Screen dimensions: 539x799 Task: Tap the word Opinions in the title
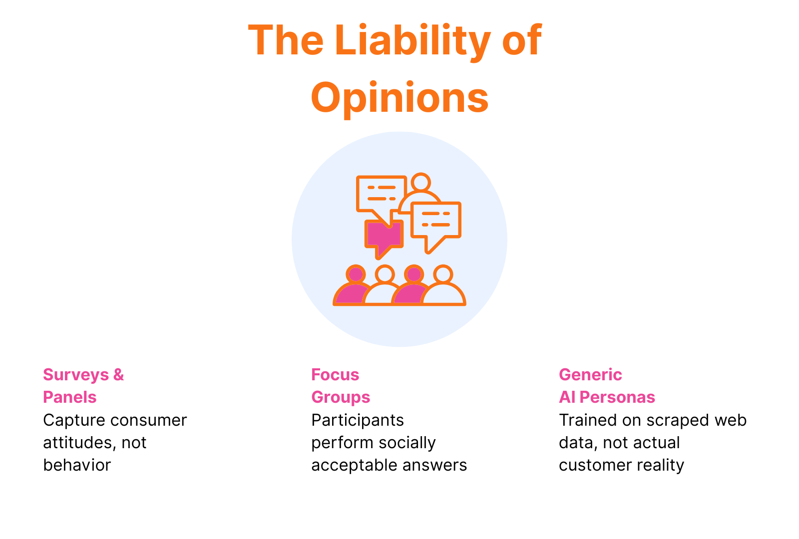tap(399, 97)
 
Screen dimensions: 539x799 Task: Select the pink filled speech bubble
tap(384, 236)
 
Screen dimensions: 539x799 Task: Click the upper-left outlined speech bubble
tap(381, 194)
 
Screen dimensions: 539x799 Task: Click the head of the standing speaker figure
tap(421, 182)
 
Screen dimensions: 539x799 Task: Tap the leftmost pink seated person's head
tap(356, 274)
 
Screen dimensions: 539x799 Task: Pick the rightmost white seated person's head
tap(443, 274)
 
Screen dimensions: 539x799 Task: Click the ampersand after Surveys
tap(118, 374)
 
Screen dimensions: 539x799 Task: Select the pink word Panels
tap(70, 397)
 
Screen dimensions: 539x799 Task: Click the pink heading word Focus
tap(335, 374)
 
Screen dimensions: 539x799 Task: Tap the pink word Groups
tap(341, 397)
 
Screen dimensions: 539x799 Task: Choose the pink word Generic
tap(590, 374)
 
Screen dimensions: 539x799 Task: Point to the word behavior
tap(77, 465)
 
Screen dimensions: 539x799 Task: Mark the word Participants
tap(358, 420)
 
